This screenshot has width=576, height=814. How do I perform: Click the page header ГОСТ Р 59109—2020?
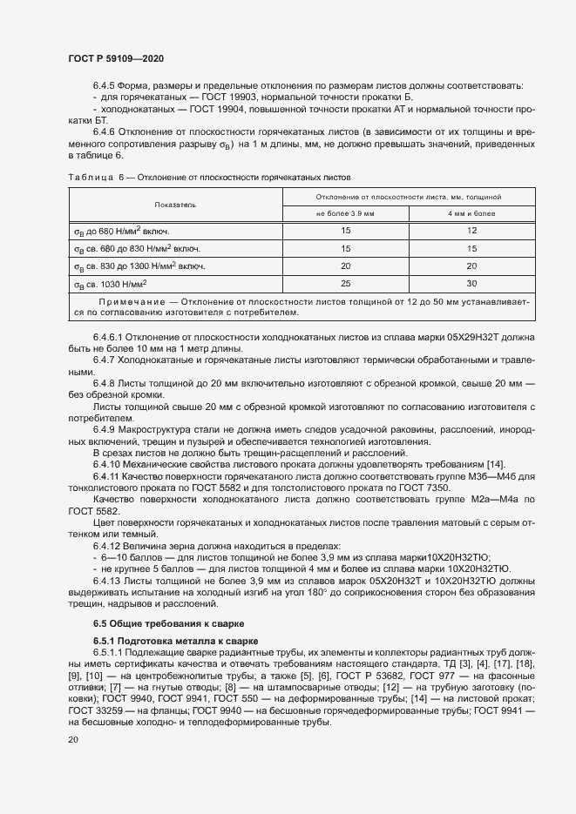click(x=115, y=58)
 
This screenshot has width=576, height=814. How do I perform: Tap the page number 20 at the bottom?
click(x=73, y=739)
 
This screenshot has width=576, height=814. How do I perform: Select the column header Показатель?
click(x=176, y=205)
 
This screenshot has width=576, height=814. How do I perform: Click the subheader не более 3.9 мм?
click(x=345, y=212)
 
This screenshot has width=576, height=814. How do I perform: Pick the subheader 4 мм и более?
click(x=471, y=212)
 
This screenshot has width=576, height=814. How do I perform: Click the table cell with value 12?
click(x=471, y=231)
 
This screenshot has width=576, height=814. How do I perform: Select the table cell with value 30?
click(x=471, y=284)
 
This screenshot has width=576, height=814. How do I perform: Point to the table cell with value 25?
click(x=345, y=284)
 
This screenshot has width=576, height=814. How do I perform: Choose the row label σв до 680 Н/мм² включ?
click(x=121, y=231)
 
